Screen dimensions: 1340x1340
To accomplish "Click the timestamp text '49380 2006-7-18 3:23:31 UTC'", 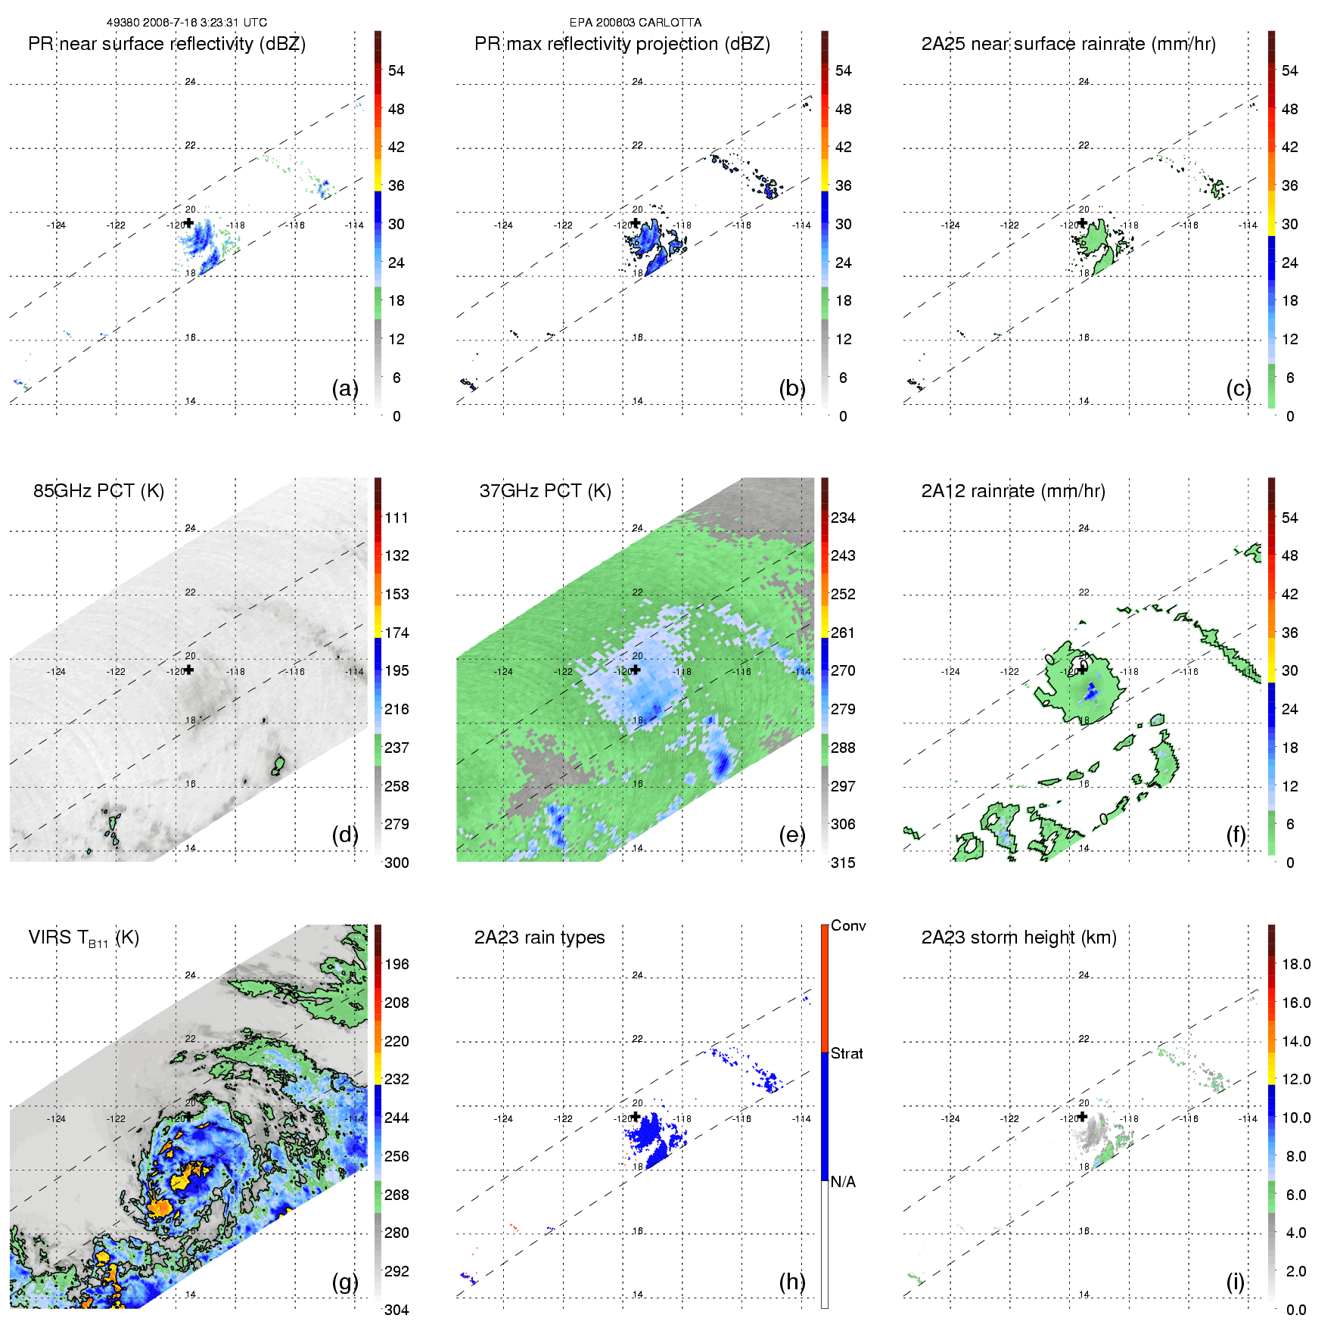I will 186,23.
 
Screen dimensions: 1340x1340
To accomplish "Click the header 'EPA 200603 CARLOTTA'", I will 635,23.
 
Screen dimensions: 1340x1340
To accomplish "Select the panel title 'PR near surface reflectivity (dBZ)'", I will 166,44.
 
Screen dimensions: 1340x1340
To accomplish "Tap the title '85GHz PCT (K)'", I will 98,491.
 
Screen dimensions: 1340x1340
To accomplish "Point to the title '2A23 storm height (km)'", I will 1018,937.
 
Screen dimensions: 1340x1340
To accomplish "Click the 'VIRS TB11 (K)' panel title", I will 83,938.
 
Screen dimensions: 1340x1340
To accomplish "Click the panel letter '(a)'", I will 344,388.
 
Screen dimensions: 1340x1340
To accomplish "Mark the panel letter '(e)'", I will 791,835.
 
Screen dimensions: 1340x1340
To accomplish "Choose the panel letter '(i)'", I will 1235,1282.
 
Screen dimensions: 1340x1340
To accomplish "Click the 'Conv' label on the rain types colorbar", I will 847,925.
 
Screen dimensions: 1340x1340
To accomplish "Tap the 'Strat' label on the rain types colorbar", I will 847,1053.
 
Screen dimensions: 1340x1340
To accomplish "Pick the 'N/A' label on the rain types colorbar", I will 843,1182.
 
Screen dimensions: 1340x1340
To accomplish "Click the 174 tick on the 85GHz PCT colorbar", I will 396,633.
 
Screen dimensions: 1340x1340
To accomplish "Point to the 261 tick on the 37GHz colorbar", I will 843,633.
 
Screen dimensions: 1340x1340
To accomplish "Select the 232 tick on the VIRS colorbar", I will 396,1079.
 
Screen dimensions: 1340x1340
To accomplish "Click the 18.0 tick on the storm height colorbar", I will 1295,964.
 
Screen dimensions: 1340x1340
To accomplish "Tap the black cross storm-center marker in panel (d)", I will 189,670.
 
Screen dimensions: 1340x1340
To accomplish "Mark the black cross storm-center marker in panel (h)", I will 636,1117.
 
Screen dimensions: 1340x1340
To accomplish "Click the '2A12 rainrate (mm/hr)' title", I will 1013,491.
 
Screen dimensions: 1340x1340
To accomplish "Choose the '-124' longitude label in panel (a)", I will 56,225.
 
